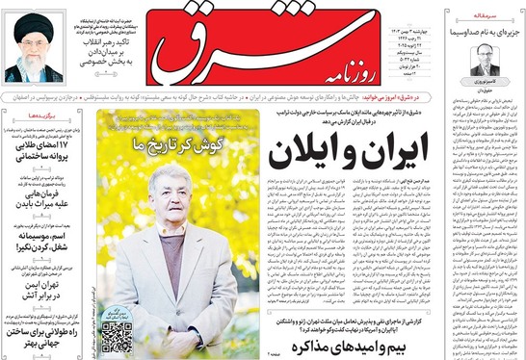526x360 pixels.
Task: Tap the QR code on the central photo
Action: (118, 333)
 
